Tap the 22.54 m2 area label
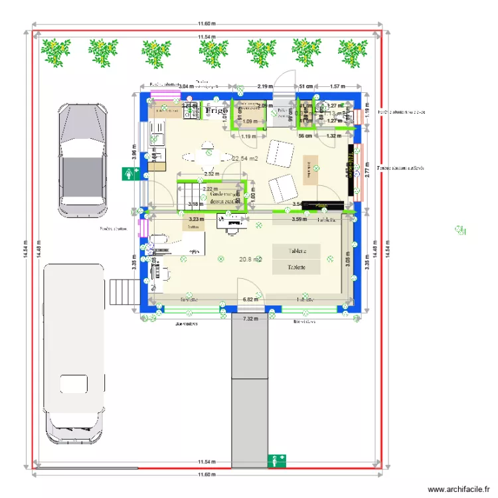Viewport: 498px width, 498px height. pyautogui.click(x=245, y=158)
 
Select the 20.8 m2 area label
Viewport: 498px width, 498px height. pyautogui.click(x=250, y=260)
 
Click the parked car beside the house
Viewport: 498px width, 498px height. pyautogui.click(x=82, y=159)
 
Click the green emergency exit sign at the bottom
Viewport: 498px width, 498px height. pyautogui.click(x=276, y=460)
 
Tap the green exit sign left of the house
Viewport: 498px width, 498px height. pyautogui.click(x=129, y=174)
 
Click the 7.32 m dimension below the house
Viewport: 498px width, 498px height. pyautogui.click(x=250, y=319)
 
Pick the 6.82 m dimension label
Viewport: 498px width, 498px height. pyautogui.click(x=250, y=300)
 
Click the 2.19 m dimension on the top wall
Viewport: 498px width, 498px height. pyautogui.click(x=266, y=86)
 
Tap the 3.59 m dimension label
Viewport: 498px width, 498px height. pyautogui.click(x=299, y=218)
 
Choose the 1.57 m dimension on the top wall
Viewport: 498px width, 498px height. pyautogui.click(x=339, y=86)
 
